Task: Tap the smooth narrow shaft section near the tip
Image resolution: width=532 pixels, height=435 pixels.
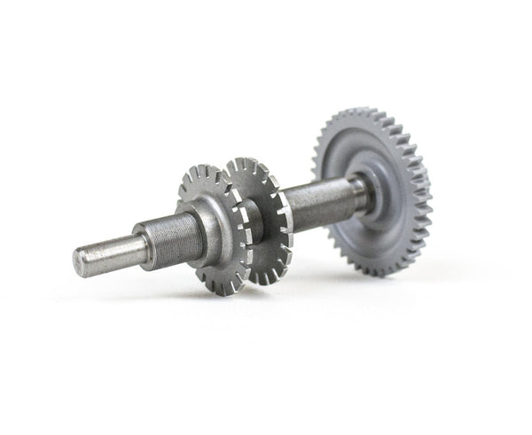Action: click(111, 252)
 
